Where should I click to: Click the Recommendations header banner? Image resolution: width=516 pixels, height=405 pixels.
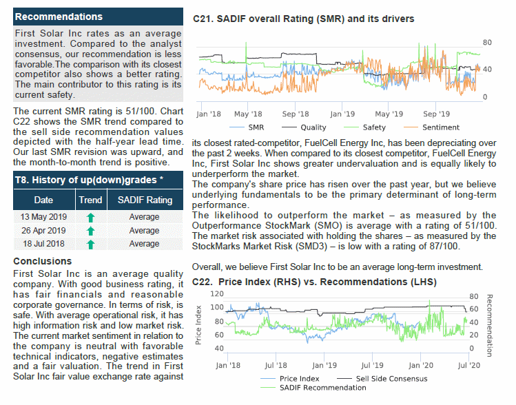tap(98, 17)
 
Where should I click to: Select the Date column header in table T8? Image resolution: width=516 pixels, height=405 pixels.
tap(44, 200)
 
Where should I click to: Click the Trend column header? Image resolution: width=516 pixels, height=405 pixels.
tap(90, 200)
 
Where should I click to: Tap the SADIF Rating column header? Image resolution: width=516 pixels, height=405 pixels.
tap(145, 200)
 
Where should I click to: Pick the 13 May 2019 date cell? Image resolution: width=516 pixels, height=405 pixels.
tap(44, 217)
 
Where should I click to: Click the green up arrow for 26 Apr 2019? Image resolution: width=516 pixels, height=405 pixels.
tap(90, 231)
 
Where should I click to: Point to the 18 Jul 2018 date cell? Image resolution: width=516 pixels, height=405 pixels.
tap(44, 244)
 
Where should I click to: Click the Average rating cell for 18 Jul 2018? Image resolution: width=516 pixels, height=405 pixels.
tap(144, 244)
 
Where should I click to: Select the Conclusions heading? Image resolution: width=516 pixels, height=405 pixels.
tap(43, 261)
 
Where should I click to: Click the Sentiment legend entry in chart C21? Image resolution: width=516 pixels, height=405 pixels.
tap(431, 127)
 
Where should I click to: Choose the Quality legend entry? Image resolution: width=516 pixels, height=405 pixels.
tap(304, 127)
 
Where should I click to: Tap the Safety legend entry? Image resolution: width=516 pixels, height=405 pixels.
tap(364, 127)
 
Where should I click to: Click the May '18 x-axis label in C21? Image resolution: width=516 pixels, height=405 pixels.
tap(248, 114)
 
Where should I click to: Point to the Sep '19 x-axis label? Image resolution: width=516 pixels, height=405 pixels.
tap(436, 114)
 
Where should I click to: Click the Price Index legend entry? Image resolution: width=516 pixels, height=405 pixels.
tap(289, 379)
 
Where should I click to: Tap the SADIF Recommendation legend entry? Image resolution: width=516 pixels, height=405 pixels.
tap(313, 388)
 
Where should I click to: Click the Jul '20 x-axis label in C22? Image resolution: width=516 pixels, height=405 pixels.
tap(469, 365)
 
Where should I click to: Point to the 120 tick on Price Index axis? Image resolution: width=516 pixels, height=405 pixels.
tap(217, 294)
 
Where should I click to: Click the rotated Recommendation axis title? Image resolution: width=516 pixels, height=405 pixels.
tap(489, 326)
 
